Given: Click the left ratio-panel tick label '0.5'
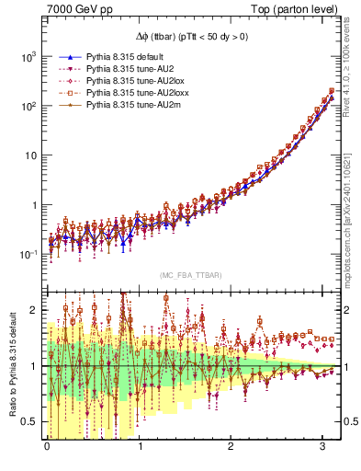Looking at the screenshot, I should pyautogui.click(x=28, y=421).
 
